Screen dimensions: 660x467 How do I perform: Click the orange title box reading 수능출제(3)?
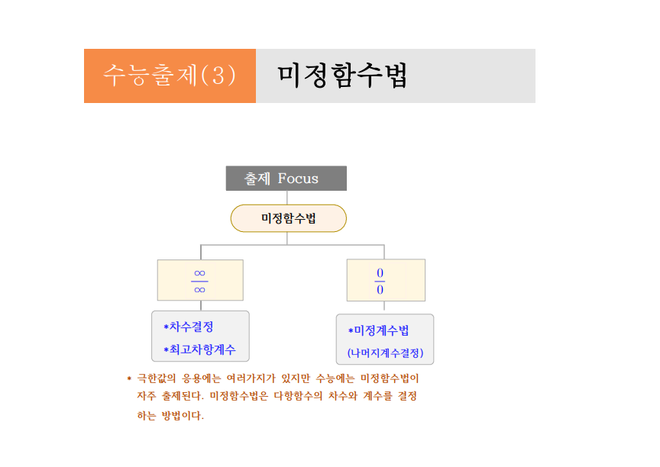tap(170, 76)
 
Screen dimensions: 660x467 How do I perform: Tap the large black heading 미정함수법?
tap(342, 76)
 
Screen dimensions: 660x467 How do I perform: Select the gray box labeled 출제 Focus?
tap(286, 179)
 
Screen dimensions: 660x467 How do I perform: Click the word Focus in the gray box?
tap(298, 179)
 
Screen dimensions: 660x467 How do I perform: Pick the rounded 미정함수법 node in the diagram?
tap(288, 218)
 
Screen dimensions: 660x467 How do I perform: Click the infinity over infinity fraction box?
tap(200, 280)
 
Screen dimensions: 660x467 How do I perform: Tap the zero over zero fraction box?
tap(386, 280)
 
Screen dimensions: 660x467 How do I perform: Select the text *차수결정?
tap(189, 327)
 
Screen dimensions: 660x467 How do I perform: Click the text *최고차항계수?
tap(199, 349)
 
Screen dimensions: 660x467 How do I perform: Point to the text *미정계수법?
tap(378, 330)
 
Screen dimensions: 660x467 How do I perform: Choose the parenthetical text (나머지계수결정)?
tap(385, 353)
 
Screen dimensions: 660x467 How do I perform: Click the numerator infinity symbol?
tap(199, 273)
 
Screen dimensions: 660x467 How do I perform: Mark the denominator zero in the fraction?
tap(380, 289)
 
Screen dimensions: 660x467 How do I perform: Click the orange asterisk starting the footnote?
tap(129, 378)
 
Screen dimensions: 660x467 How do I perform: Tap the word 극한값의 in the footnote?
tap(156, 378)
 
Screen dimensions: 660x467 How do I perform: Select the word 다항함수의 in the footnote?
tap(298, 396)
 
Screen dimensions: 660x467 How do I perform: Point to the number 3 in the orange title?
tap(218, 76)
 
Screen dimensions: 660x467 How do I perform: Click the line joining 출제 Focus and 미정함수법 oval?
tap(287, 198)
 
